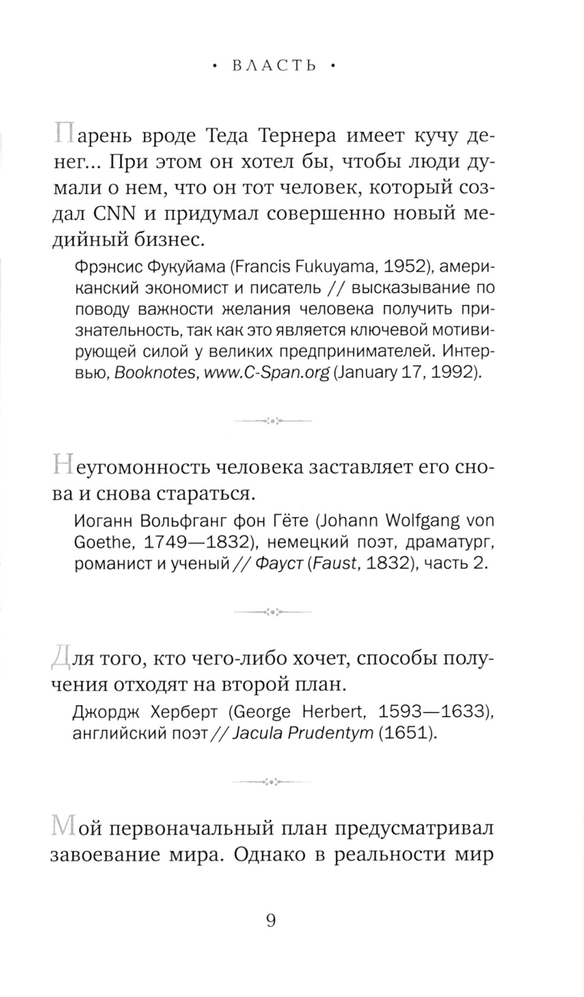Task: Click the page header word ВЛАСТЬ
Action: tap(273, 66)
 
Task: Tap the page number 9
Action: tap(271, 921)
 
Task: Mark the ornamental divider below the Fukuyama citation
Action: tap(273, 420)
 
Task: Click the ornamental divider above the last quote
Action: tap(273, 780)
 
